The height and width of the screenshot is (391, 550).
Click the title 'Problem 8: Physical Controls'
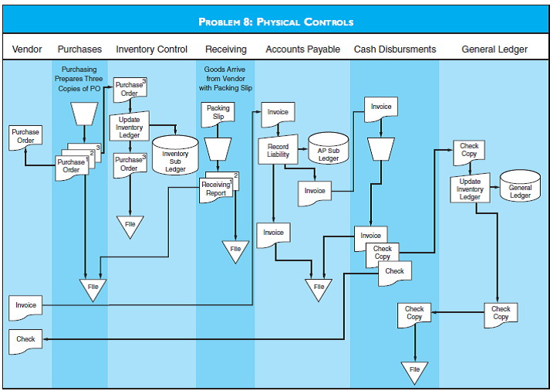275,22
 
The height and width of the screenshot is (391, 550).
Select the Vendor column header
27,49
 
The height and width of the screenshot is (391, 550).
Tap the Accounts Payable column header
302,49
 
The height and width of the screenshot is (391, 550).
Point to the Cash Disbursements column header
394,49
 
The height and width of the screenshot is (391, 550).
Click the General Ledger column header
494,49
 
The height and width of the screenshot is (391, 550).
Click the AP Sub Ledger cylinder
329,150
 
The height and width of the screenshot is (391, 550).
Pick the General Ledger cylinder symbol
520,188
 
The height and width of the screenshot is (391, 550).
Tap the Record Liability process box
278,150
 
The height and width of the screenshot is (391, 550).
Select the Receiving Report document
215,189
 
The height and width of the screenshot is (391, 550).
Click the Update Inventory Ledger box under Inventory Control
129,127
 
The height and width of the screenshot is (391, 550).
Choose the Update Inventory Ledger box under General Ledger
470,189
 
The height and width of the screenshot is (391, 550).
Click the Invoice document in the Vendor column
25,305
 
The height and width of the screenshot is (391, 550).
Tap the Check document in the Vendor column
25,339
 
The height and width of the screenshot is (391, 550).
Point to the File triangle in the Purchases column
93,288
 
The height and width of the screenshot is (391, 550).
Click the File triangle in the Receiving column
235,250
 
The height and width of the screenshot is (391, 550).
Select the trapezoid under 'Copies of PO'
83,114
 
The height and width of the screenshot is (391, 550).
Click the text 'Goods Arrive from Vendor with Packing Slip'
225,79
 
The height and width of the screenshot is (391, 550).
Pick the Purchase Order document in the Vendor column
25,136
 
